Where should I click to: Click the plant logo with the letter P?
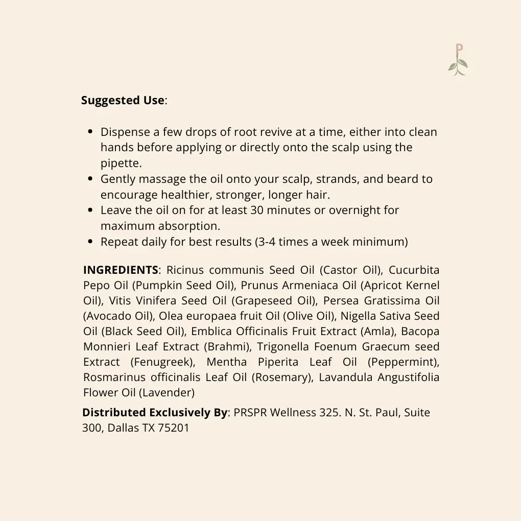pyautogui.click(x=458, y=60)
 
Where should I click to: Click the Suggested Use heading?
pyautogui.click(x=123, y=101)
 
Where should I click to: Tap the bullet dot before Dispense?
pyautogui.click(x=90, y=132)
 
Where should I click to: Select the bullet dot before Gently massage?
pyautogui.click(x=90, y=179)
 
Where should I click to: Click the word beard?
pyautogui.click(x=404, y=179)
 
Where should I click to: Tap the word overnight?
pyautogui.click(x=357, y=210)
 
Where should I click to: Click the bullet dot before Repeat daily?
pyautogui.click(x=90, y=242)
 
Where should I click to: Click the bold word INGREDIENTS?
pyautogui.click(x=121, y=270)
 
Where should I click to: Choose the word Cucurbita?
pyautogui.click(x=414, y=270)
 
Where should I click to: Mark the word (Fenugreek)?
pyautogui.click(x=163, y=362)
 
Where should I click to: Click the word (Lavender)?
pyautogui.click(x=168, y=393)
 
